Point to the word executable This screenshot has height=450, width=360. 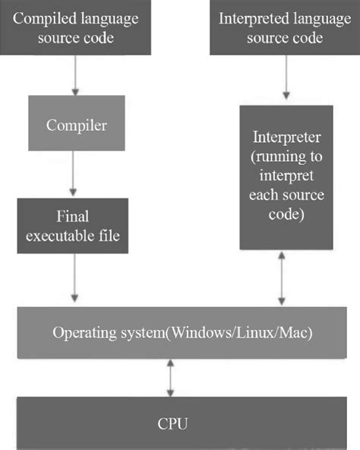pos(59,236)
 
